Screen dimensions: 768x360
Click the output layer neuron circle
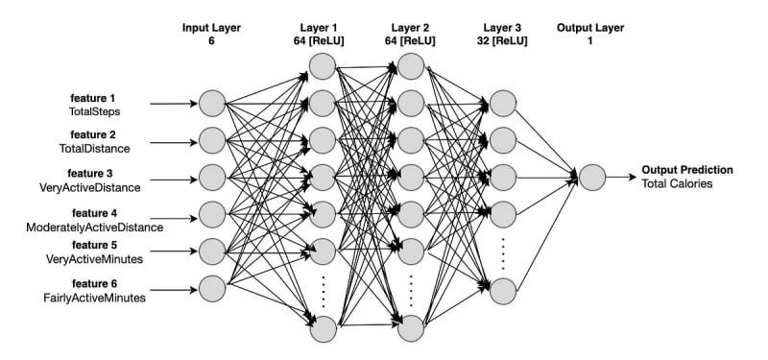[x=592, y=178]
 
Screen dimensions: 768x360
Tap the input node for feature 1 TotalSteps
[x=212, y=104]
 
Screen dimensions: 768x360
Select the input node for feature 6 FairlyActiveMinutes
[x=212, y=289]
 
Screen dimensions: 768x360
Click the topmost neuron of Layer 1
[x=323, y=66]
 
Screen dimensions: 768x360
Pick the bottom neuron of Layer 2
[x=411, y=328]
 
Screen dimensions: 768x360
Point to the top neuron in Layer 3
[x=503, y=104]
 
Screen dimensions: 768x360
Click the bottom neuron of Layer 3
[x=503, y=292]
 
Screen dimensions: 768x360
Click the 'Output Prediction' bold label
[x=687, y=170]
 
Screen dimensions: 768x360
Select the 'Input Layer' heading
[x=211, y=28]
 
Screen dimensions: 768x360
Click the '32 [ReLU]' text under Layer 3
[x=502, y=41]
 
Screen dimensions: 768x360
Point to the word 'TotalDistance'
[x=94, y=149]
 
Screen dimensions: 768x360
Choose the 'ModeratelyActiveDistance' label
[x=94, y=228]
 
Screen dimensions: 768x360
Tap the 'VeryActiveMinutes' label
[x=94, y=259]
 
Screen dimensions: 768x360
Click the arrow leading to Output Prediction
[x=621, y=178]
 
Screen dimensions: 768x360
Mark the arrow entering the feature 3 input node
[x=174, y=180]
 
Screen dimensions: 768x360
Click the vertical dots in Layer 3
[x=502, y=253]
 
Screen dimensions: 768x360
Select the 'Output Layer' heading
[x=590, y=28]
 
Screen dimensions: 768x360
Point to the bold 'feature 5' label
[x=94, y=245]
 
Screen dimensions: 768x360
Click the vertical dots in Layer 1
[x=324, y=292]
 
